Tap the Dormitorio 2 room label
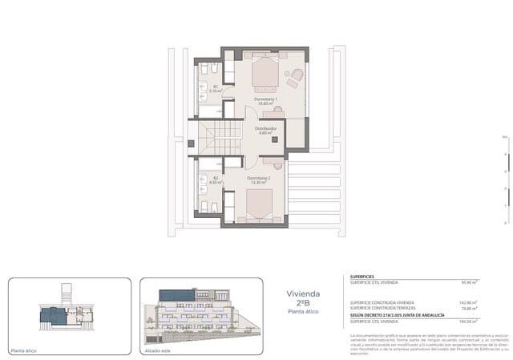point(258,178)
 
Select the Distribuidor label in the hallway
point(265,128)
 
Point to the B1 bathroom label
point(215,87)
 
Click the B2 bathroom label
point(215,178)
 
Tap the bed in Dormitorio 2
point(258,208)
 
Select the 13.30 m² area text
point(258,183)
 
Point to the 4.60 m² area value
point(265,133)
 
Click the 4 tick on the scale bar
point(504,156)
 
